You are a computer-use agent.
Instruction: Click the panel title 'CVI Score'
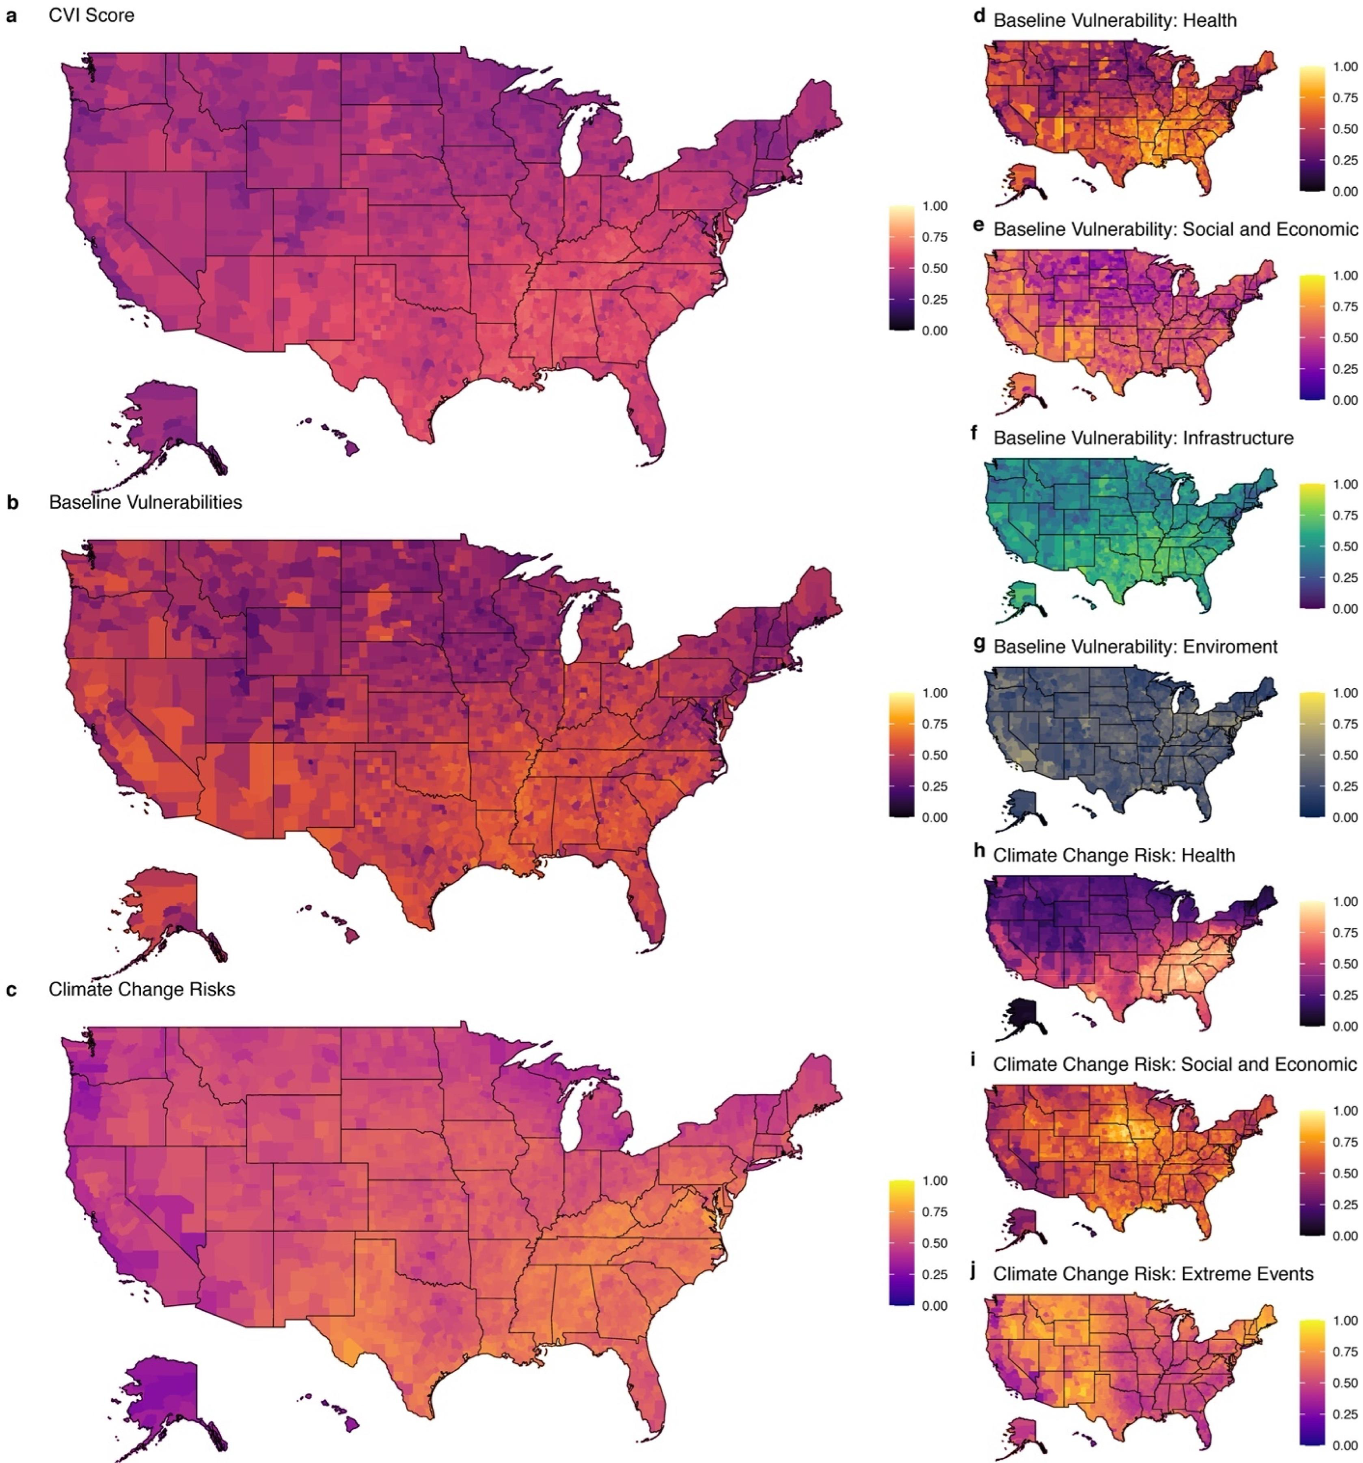92,15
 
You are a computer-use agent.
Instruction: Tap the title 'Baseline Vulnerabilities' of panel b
145,503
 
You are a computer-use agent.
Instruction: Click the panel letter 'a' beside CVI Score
11,15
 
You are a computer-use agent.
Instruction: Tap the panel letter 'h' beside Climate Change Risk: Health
979,851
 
